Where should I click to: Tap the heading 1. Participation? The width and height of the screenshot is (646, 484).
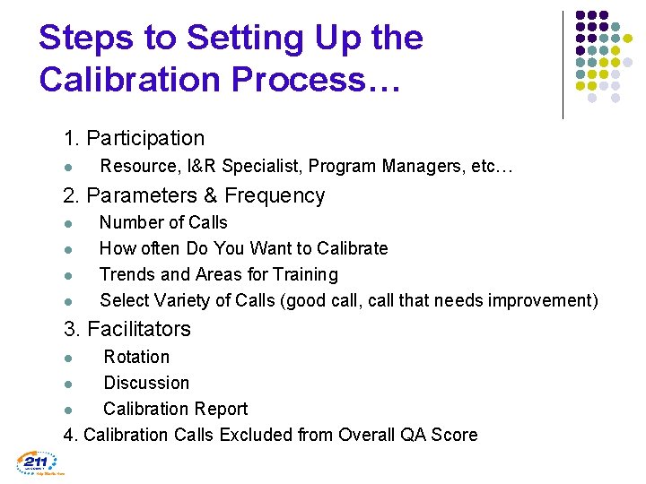pyautogui.click(x=134, y=138)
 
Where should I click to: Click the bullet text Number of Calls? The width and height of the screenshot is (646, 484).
pyautogui.click(x=163, y=222)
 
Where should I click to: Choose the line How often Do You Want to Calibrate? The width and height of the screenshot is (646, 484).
pyautogui.click(x=243, y=248)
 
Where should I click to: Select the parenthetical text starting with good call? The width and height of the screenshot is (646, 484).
pyautogui.click(x=440, y=300)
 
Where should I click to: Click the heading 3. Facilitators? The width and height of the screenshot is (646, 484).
pyautogui.click(x=127, y=329)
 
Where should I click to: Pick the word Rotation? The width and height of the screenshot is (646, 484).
pyautogui.click(x=136, y=357)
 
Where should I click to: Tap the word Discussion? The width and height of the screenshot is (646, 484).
pyautogui.click(x=146, y=383)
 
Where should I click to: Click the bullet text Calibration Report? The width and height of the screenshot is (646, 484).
pyautogui.click(x=175, y=409)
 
